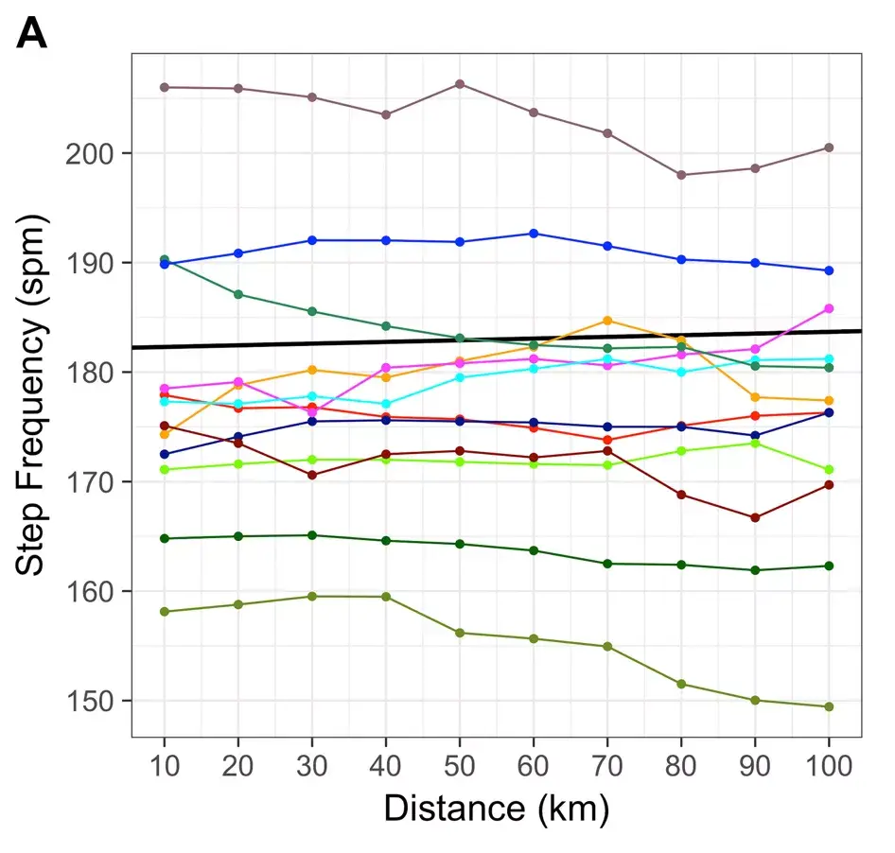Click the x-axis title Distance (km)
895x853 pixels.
(x=496, y=809)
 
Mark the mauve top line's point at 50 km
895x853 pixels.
(x=460, y=84)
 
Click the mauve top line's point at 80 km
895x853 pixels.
(x=681, y=175)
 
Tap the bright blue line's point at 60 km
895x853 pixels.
(x=534, y=234)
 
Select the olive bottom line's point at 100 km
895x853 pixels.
(x=829, y=706)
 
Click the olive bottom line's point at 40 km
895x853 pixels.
(x=386, y=597)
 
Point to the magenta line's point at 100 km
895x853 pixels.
(x=829, y=308)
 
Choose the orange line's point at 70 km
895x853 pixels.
(x=607, y=321)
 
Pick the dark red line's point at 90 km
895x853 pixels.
(x=755, y=517)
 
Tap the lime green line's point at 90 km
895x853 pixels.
(x=755, y=443)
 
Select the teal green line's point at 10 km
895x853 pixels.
(x=165, y=259)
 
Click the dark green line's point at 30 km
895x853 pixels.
(x=312, y=535)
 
